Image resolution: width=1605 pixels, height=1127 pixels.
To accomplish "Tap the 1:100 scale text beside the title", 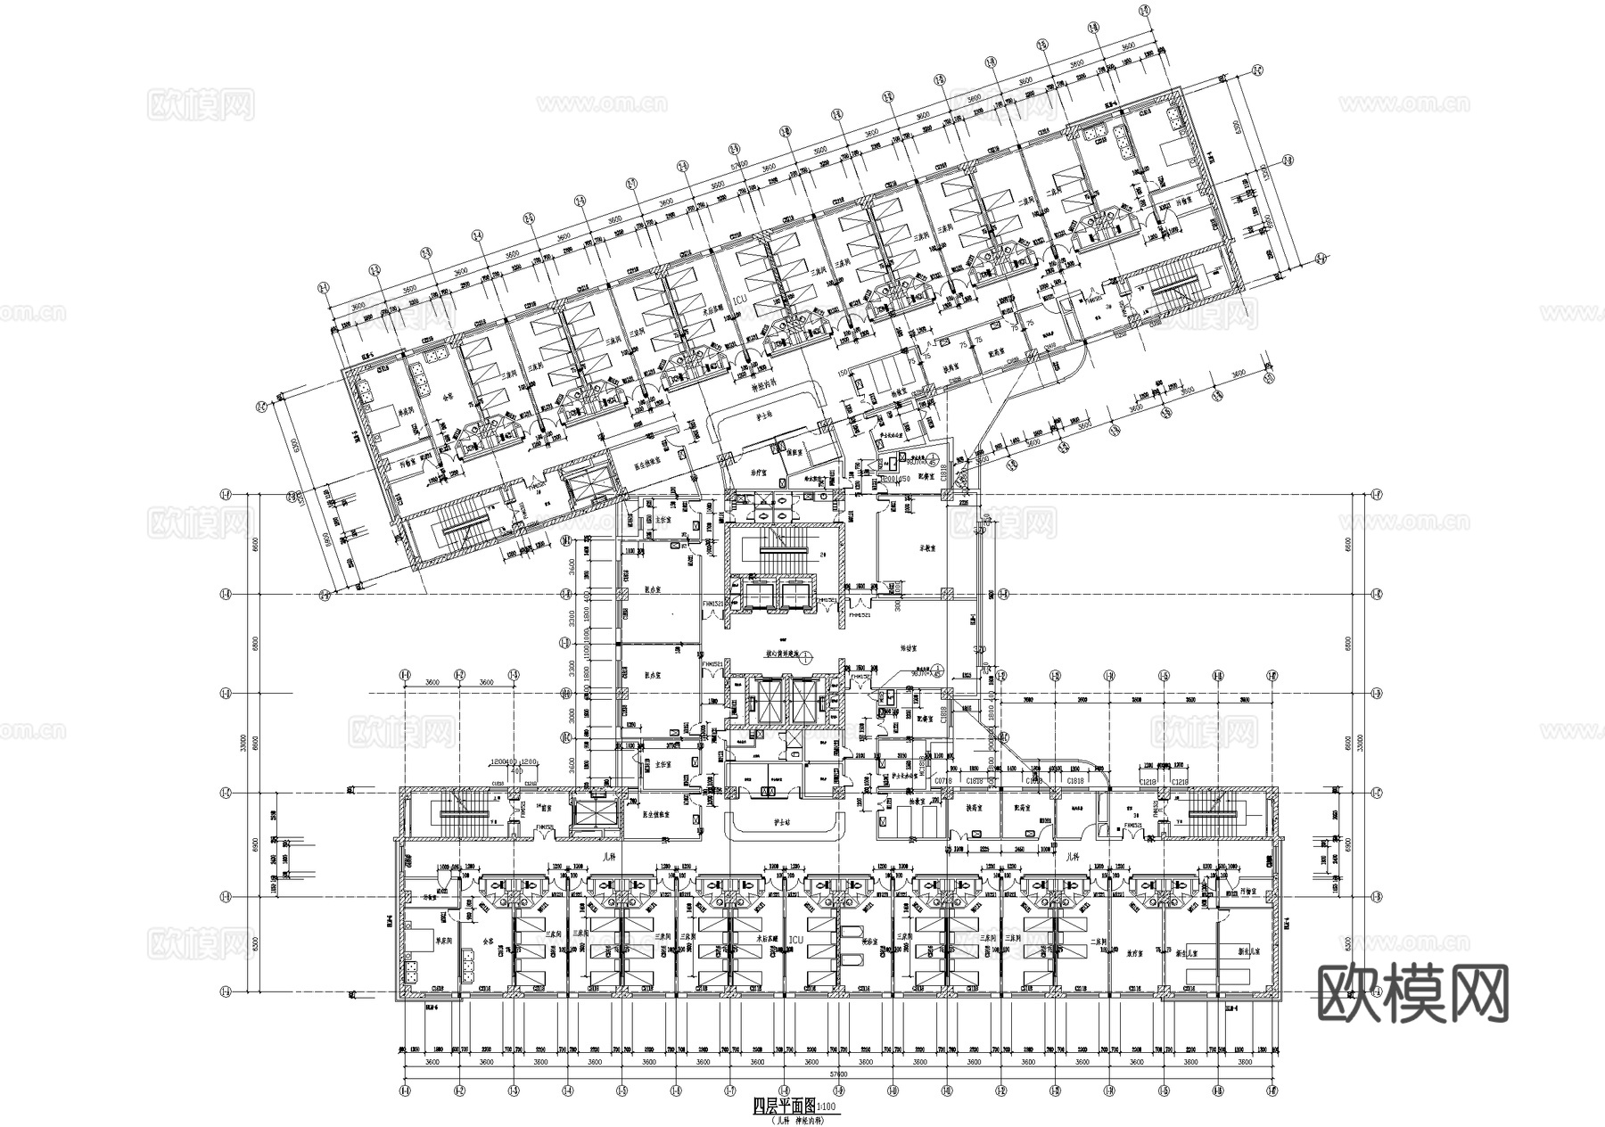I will [827, 1107].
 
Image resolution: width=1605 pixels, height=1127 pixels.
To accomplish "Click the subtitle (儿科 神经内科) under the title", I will [794, 1119].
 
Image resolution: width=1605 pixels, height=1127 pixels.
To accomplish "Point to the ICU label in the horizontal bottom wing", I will [796, 940].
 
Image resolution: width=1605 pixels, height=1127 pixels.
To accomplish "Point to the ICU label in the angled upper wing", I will [737, 301].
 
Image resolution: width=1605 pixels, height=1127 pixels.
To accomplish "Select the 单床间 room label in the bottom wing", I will [440, 940].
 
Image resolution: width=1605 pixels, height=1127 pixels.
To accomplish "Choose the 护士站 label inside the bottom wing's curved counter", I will [786, 821].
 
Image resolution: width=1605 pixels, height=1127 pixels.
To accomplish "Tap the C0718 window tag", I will [943, 781].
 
